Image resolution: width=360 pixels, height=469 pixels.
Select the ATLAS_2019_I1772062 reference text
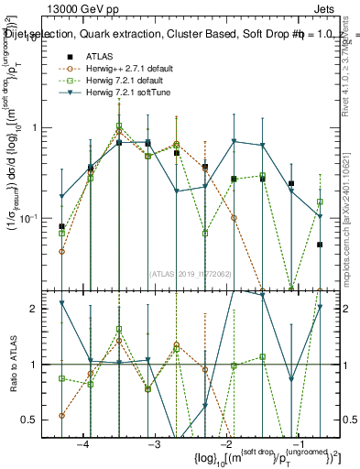190,273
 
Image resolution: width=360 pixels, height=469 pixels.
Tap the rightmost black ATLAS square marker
320,245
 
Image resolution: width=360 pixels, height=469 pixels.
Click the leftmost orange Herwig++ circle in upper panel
61,251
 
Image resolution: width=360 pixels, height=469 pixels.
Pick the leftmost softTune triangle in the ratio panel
61,303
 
